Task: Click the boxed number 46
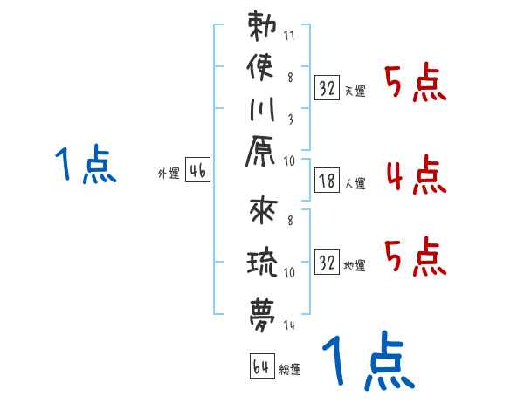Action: point(197,172)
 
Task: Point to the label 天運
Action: point(355,90)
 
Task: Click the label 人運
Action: point(355,184)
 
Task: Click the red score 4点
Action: point(416,174)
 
